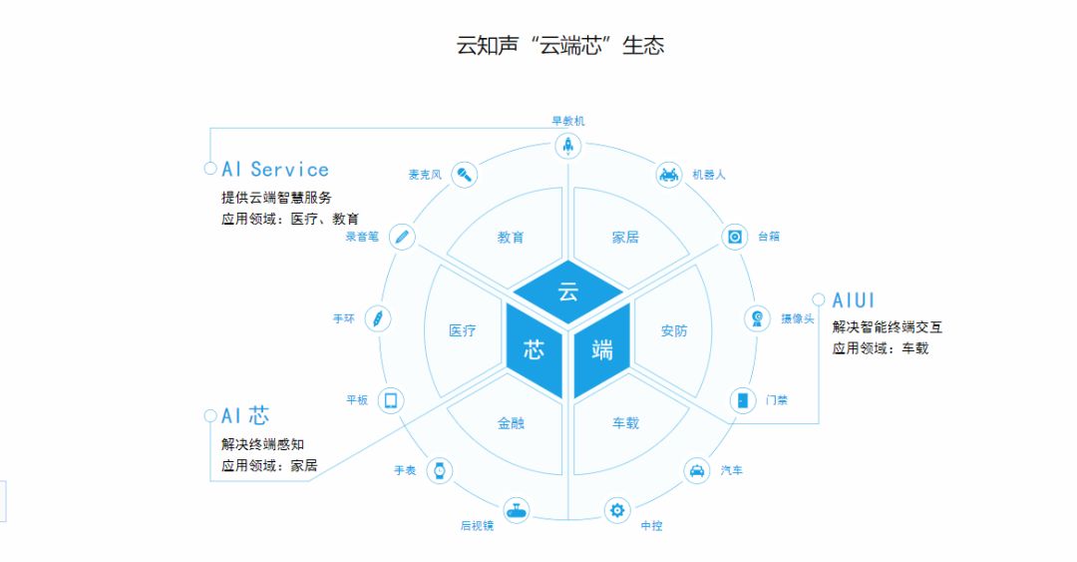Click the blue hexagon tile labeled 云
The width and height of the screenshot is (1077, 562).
click(567, 292)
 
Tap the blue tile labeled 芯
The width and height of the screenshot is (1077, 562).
click(534, 349)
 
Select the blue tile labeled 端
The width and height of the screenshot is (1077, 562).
click(602, 349)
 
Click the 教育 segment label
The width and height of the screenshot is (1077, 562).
click(512, 238)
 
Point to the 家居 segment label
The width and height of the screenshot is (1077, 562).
click(625, 238)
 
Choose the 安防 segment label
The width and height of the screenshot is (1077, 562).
click(674, 330)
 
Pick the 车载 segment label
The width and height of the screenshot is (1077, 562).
click(625, 423)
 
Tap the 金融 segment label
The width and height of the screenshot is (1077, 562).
click(512, 423)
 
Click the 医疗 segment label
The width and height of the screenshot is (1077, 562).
click(463, 330)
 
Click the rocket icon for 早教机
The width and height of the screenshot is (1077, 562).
click(568, 147)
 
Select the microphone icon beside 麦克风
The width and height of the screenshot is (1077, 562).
click(464, 175)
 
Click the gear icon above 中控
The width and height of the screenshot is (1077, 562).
click(618, 511)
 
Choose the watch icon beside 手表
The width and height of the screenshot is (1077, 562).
click(438, 470)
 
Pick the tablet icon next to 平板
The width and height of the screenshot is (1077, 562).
click(391, 400)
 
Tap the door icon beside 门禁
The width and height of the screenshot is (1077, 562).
click(742, 400)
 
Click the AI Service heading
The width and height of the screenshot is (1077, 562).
click(275, 170)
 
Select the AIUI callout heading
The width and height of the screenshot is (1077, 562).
click(853, 300)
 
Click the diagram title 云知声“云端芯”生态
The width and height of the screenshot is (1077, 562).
click(560, 45)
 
